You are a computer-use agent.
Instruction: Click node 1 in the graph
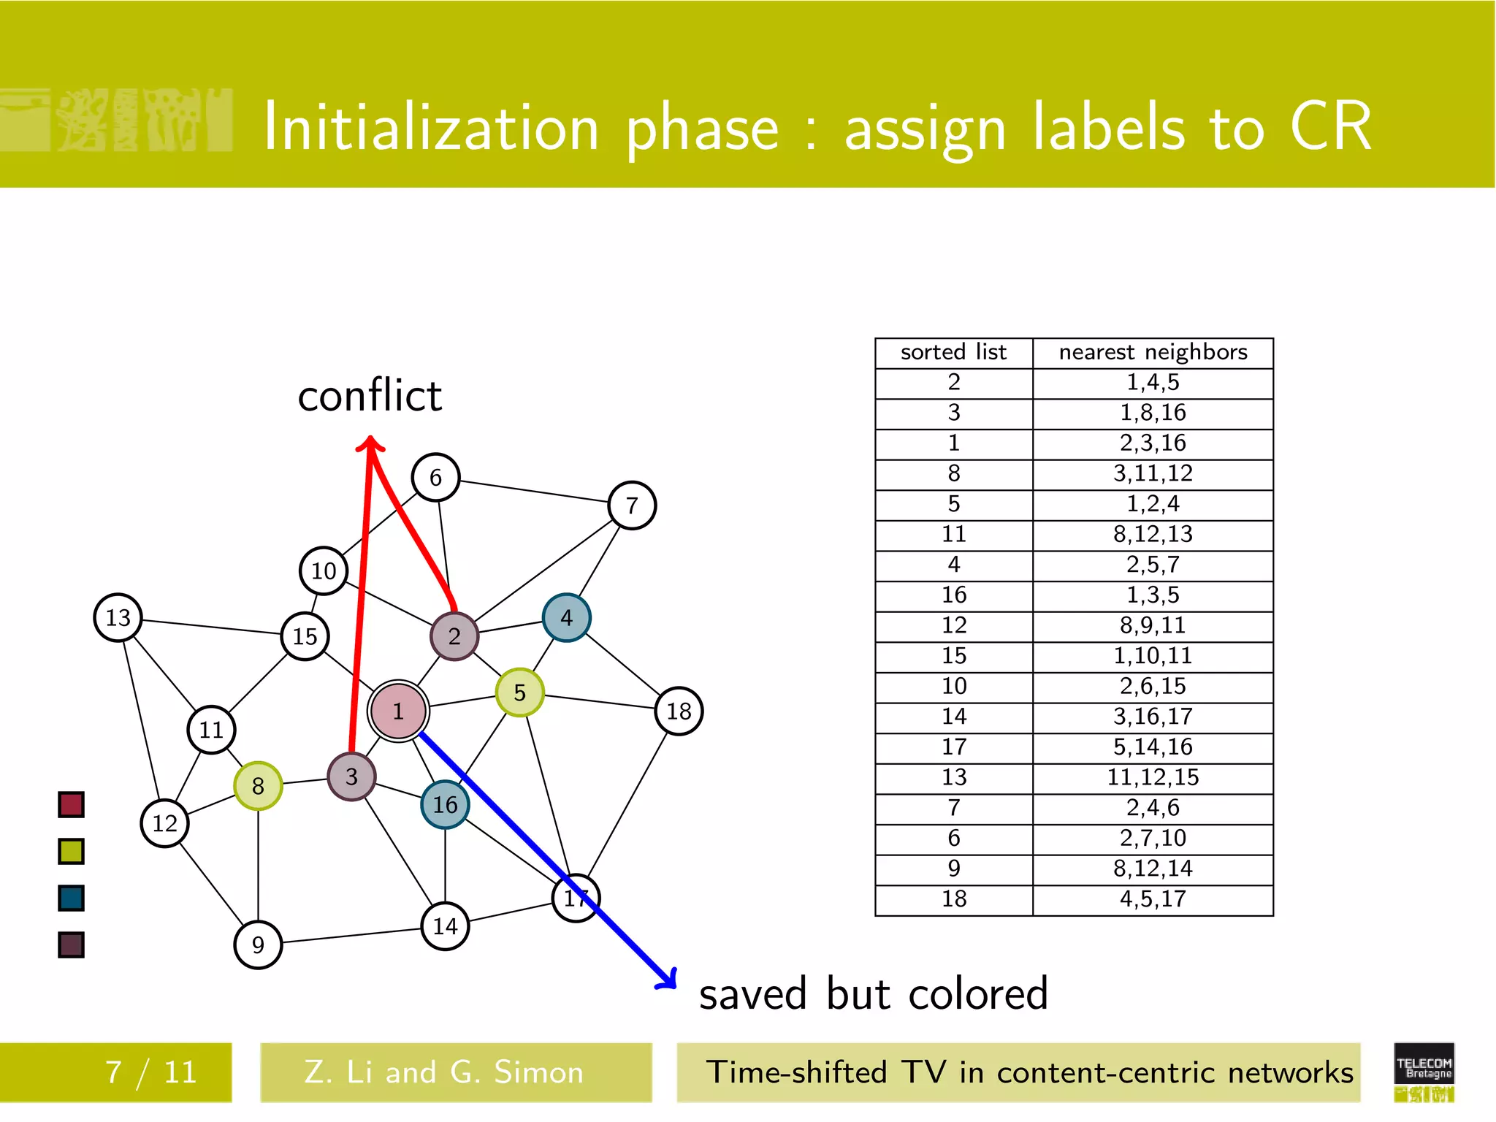(x=398, y=711)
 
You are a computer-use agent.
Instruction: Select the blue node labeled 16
(x=445, y=804)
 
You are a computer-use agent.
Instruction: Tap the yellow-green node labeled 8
(x=258, y=786)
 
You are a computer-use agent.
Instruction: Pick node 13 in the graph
(x=118, y=617)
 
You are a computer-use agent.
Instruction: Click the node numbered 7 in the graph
(x=632, y=505)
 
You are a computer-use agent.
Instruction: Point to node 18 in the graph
(x=679, y=711)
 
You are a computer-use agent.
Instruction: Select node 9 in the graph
(x=258, y=944)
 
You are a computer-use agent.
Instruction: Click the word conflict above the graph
(x=370, y=396)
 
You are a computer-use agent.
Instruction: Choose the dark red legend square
(x=71, y=804)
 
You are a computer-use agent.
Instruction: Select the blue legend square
(x=71, y=898)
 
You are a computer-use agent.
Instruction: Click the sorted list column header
(x=953, y=353)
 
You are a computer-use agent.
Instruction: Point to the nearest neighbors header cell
(x=1153, y=353)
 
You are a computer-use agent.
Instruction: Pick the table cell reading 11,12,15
(x=1153, y=777)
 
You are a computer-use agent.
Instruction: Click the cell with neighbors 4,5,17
(x=1153, y=899)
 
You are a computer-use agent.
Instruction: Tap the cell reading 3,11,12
(x=1153, y=473)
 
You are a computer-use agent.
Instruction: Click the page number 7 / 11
(x=151, y=1072)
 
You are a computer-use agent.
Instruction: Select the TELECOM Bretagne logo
(x=1424, y=1071)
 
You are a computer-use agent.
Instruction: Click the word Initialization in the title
(x=431, y=128)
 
